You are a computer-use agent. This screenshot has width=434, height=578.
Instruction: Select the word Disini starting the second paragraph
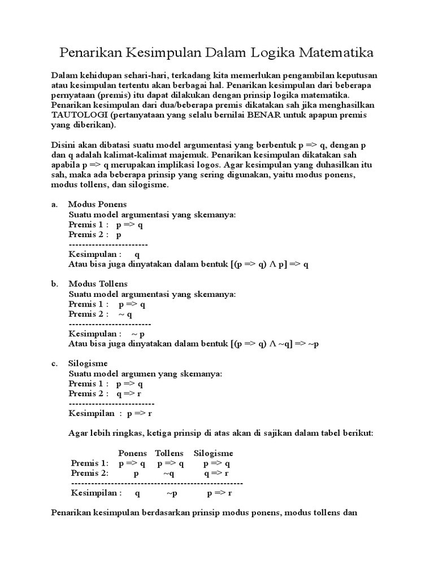[x=64, y=144]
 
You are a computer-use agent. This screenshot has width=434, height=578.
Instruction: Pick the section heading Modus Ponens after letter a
[x=97, y=204]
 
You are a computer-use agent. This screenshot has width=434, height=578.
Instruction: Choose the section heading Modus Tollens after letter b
[x=98, y=283]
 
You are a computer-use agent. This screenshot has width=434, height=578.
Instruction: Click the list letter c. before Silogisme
[x=54, y=363]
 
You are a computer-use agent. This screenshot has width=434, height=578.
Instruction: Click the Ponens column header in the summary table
[x=132, y=453]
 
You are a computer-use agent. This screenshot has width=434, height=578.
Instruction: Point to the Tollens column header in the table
[x=169, y=453]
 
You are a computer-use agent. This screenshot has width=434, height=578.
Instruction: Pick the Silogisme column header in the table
[x=213, y=453]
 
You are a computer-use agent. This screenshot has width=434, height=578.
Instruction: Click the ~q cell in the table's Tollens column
[x=169, y=474]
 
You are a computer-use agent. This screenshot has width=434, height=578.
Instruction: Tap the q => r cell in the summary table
[x=216, y=474]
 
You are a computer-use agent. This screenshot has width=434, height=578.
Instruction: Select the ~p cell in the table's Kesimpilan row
[x=172, y=493]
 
